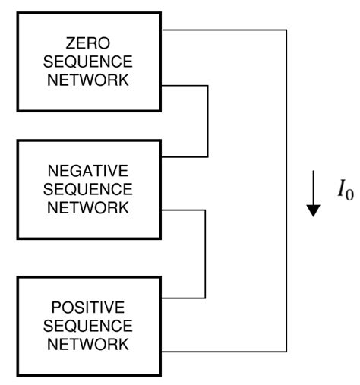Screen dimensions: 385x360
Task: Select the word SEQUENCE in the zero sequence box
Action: tap(87, 61)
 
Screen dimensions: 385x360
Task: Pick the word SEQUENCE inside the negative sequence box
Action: tap(87, 188)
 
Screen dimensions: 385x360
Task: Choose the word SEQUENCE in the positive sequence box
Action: tap(87, 325)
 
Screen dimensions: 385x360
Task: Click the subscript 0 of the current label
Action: tap(350, 194)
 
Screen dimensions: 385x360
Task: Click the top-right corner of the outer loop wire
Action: tap(286, 30)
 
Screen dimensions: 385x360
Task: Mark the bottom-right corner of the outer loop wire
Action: tap(286, 352)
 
